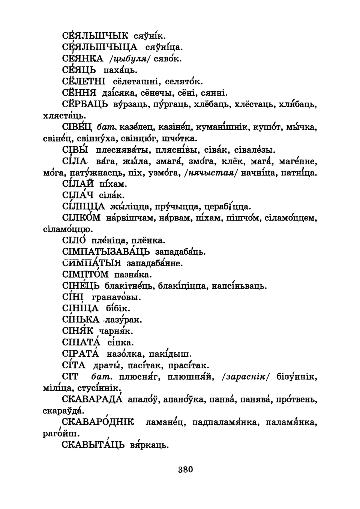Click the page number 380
186,469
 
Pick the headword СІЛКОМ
81,218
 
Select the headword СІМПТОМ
85,275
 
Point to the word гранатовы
117,297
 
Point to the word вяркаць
149,445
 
